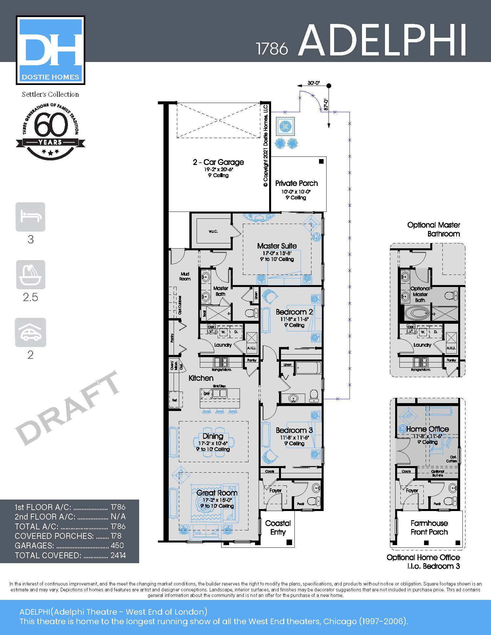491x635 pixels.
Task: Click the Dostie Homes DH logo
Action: [51, 50]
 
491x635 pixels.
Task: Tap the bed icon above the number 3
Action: [30, 217]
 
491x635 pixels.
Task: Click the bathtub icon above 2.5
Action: [31, 275]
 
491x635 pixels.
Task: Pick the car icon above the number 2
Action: [31, 332]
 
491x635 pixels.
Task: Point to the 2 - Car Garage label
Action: [218, 162]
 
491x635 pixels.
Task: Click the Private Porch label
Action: [296, 183]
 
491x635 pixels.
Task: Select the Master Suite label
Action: [277, 246]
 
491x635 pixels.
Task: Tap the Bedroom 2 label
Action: [294, 312]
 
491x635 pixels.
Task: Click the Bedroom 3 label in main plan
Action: [294, 430]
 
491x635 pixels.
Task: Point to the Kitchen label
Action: [201, 378]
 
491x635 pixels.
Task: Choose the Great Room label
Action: [217, 493]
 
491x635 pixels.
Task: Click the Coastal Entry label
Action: [278, 527]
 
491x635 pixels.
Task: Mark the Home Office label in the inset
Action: [427, 429]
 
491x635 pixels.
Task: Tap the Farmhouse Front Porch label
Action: [429, 527]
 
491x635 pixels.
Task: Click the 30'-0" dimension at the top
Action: [313, 83]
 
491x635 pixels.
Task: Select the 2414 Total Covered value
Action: [118, 555]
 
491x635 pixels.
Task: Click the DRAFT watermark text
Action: [67, 408]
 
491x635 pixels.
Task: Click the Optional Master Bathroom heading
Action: [434, 229]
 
